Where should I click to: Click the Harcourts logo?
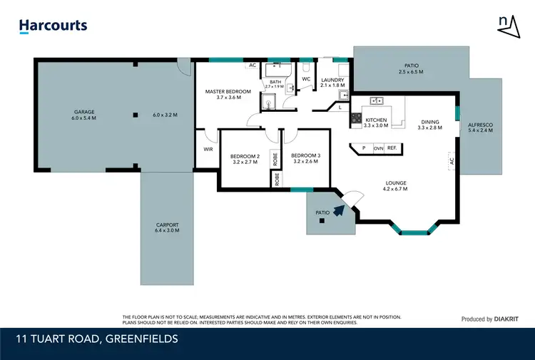tap(53, 26)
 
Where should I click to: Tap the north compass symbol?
tap(508, 24)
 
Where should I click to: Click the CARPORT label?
tap(166, 227)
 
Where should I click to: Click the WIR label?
tap(208, 149)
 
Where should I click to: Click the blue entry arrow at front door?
tap(339, 208)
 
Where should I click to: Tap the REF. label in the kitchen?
tap(392, 148)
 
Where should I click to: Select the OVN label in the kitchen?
tap(378, 148)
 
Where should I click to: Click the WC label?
tap(305, 79)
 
